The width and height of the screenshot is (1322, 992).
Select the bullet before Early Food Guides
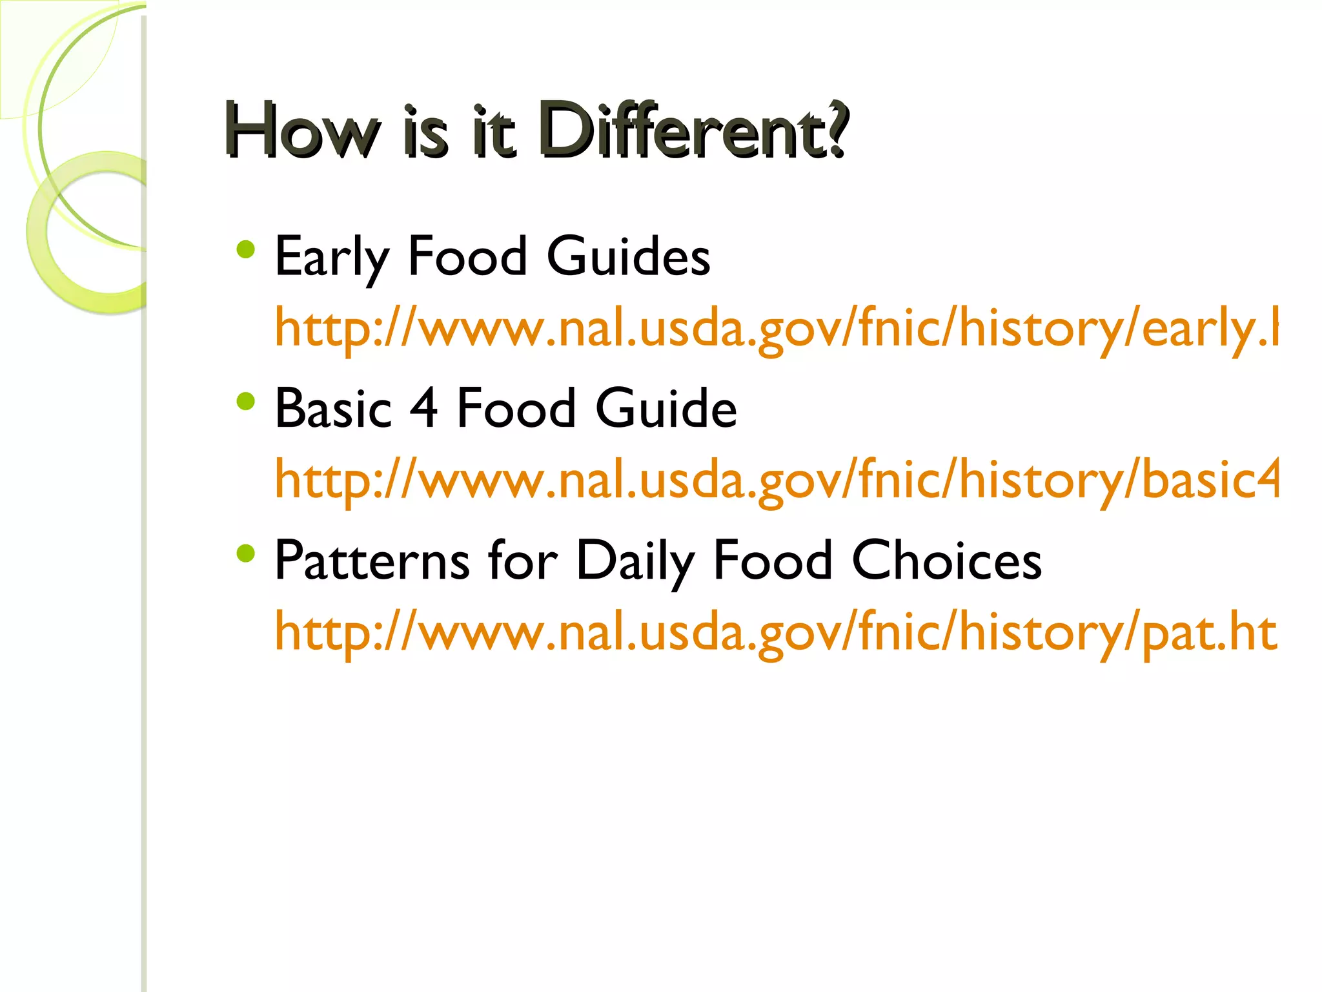tap(246, 249)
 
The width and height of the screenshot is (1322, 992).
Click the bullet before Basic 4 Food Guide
tap(246, 402)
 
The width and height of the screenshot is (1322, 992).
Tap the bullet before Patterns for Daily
tap(246, 553)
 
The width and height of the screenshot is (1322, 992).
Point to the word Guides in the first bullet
tap(628, 256)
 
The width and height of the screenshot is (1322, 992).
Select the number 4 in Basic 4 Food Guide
tap(424, 408)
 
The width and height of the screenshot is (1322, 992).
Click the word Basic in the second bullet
tap(333, 408)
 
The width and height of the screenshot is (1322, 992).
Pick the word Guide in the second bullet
tap(666, 408)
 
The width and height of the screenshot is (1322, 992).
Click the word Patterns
tap(372, 560)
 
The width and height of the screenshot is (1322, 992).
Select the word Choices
tap(946, 560)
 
